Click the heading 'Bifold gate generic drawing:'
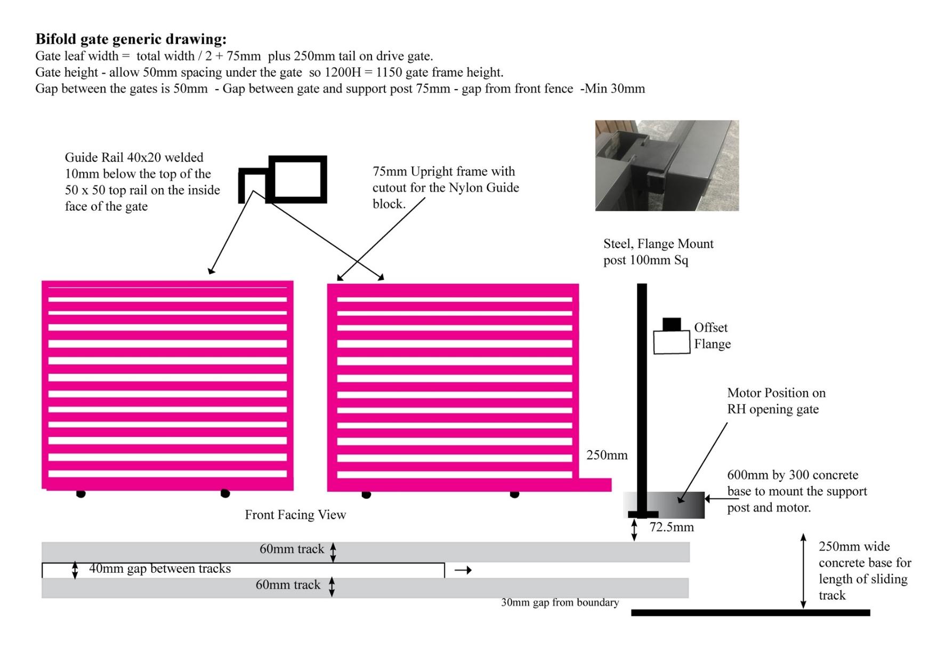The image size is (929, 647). pyautogui.click(x=131, y=39)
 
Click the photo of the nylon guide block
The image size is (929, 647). pyautogui.click(x=666, y=165)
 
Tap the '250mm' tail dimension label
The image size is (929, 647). pyautogui.click(x=607, y=455)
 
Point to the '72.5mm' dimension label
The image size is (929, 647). pyautogui.click(x=671, y=527)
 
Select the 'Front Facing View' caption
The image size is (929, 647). pyautogui.click(x=295, y=515)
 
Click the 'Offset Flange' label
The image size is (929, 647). pyautogui.click(x=712, y=336)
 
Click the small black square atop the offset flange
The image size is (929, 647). pyautogui.click(x=671, y=324)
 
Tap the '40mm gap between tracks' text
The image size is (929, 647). pyautogui.click(x=159, y=569)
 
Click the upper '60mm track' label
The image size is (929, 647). pyautogui.click(x=291, y=549)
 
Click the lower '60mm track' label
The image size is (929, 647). pyautogui.click(x=288, y=585)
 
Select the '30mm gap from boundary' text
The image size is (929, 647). pyautogui.click(x=559, y=602)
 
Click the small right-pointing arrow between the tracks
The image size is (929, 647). pyautogui.click(x=463, y=570)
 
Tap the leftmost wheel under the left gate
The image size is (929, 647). pyautogui.click(x=81, y=494)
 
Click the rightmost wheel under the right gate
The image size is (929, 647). pyautogui.click(x=514, y=494)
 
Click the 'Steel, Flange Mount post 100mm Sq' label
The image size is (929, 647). pyautogui.click(x=658, y=252)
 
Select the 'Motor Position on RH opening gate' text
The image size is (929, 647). pyautogui.click(x=775, y=401)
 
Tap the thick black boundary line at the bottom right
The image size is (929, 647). pyautogui.click(x=750, y=613)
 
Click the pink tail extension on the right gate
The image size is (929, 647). pyautogui.click(x=595, y=485)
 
